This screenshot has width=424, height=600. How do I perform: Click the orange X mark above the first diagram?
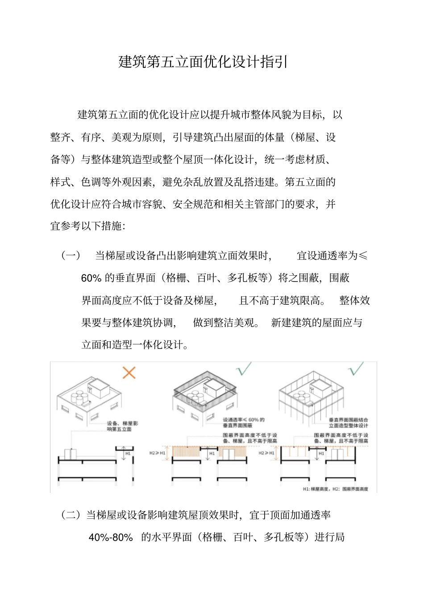(129, 372)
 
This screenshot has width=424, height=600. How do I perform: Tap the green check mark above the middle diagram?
(244, 368)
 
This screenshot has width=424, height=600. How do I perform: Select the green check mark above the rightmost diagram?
(356, 368)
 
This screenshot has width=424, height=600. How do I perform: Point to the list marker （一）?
(71, 256)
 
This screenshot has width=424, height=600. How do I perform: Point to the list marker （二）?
(71, 515)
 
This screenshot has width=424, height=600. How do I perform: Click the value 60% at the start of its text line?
(91, 278)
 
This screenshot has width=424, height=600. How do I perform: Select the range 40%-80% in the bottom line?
(111, 538)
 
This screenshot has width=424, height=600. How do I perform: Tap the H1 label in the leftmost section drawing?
(128, 453)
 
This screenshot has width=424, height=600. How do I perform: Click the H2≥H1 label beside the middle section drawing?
(157, 453)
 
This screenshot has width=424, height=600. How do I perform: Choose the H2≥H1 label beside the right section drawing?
(266, 453)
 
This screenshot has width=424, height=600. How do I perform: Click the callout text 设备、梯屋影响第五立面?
(122, 426)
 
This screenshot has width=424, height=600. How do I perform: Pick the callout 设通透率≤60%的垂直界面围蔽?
(244, 422)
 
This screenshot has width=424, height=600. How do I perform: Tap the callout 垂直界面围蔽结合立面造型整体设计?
(348, 422)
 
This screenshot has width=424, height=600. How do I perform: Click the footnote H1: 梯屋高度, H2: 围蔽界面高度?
(335, 489)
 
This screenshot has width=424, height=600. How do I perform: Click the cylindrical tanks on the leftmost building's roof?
(79, 397)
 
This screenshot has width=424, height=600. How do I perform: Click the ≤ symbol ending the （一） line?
(363, 256)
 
